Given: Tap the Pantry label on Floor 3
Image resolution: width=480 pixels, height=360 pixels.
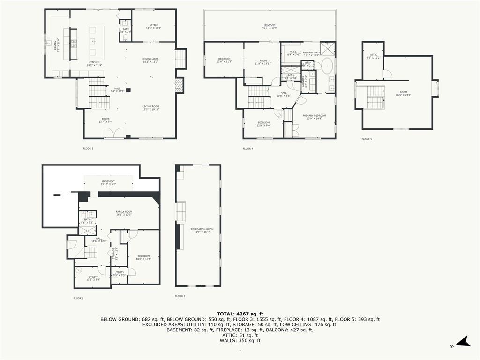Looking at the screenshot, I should (58, 44).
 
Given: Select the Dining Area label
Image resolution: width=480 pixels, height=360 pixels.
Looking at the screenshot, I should (150, 60).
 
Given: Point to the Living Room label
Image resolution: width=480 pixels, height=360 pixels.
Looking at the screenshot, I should (151, 108).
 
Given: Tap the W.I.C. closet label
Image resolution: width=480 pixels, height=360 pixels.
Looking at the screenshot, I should (293, 53).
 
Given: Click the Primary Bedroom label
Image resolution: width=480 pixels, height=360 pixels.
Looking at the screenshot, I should (314, 117).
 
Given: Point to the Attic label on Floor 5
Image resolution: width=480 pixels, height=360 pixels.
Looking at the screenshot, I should (374, 56).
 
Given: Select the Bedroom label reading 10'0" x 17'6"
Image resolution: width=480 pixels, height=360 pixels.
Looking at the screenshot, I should (143, 257).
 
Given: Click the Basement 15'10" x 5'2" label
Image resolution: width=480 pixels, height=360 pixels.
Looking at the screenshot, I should (108, 183).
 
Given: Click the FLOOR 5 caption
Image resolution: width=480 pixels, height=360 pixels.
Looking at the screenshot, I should (367, 139).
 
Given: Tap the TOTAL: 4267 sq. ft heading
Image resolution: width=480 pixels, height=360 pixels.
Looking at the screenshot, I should (240, 314).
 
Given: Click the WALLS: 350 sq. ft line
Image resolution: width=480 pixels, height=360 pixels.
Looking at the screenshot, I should (240, 340).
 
